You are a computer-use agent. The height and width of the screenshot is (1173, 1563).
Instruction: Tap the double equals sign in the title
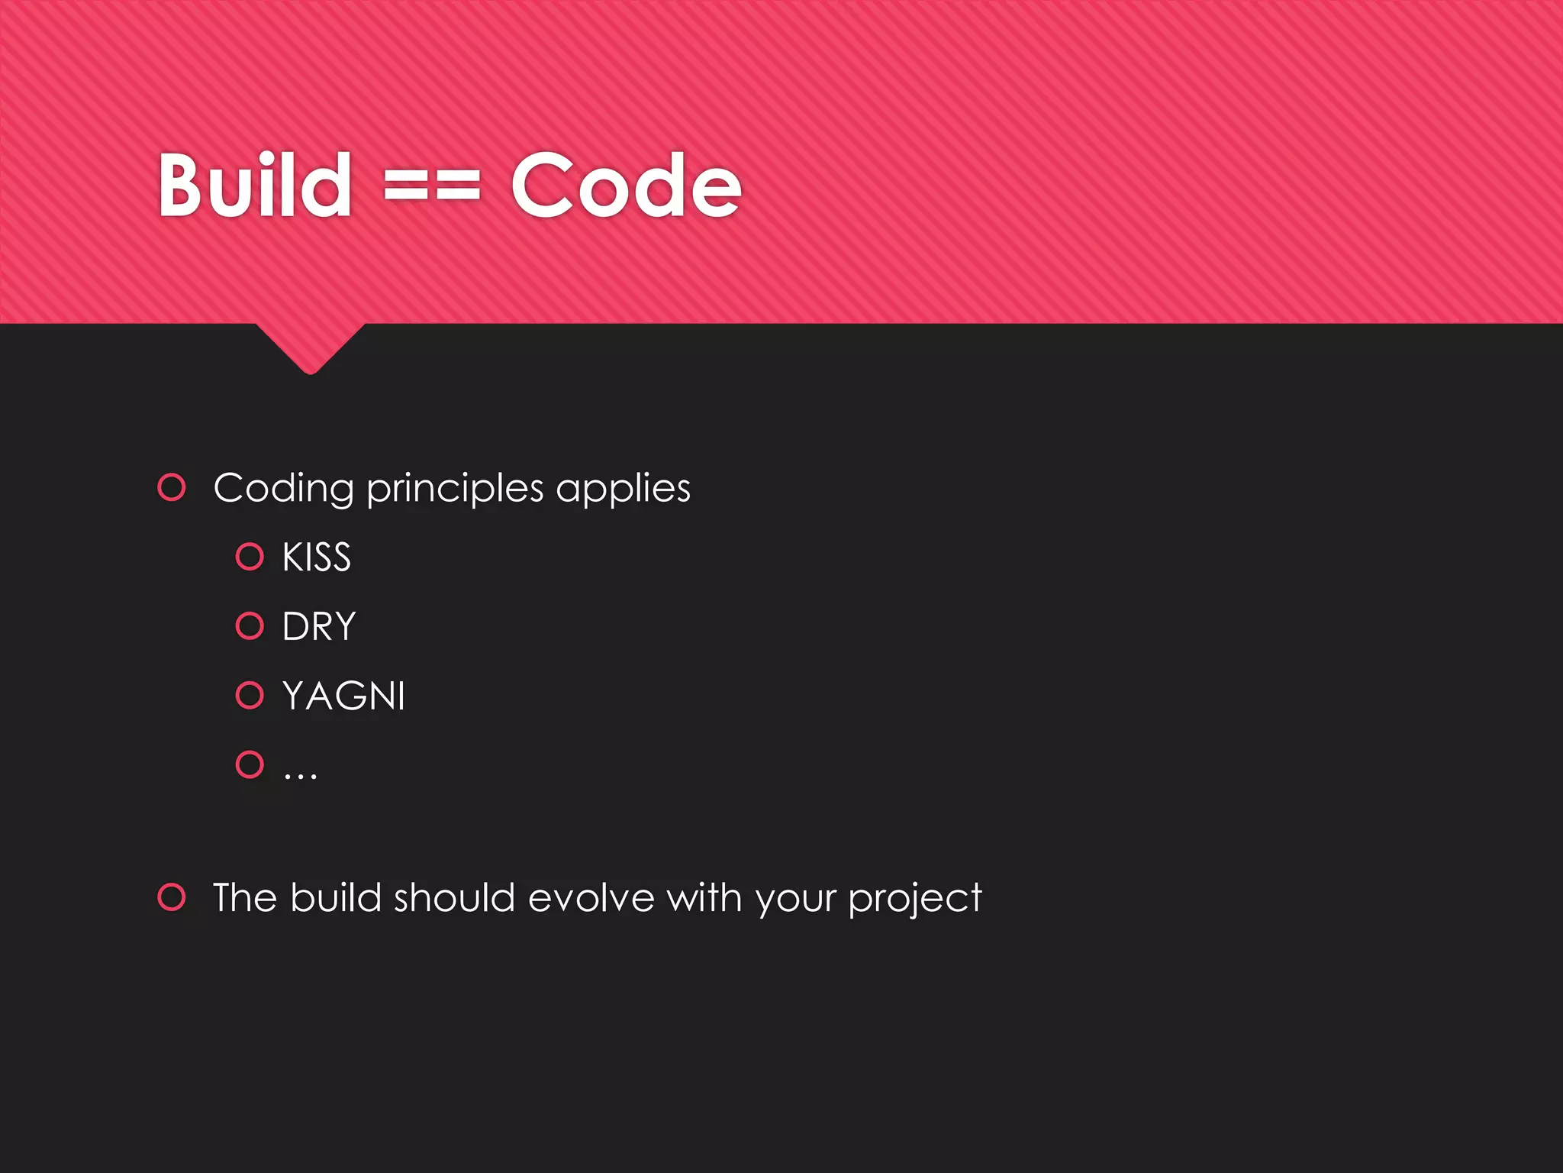pos(432,186)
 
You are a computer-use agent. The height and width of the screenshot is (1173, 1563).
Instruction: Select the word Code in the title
pos(626,186)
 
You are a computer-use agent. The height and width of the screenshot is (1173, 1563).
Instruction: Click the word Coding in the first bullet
pos(283,489)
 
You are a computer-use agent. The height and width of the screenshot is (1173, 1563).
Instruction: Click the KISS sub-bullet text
pos(317,557)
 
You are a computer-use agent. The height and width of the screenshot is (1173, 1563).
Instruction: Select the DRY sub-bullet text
pos(319,627)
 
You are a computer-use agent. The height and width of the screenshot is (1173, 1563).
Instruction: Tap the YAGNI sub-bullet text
pos(343,696)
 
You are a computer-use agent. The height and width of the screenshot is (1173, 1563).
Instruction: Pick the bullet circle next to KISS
pos(250,557)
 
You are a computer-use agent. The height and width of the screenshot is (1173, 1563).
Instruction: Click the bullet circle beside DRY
pos(250,626)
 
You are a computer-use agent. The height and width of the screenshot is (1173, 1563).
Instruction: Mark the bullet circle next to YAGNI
pos(250,695)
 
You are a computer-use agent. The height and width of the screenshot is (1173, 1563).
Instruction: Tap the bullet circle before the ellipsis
pos(250,764)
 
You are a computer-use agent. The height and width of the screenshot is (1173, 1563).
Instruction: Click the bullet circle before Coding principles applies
pos(172,487)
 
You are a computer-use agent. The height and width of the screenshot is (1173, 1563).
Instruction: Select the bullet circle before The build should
pos(172,897)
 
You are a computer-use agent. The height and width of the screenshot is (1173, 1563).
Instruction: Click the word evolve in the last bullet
pos(591,898)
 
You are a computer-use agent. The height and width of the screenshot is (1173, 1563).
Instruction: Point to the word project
pos(914,900)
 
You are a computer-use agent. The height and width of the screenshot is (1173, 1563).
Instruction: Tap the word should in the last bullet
pos(454,898)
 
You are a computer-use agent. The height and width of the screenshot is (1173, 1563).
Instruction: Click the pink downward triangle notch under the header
pos(311,347)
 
